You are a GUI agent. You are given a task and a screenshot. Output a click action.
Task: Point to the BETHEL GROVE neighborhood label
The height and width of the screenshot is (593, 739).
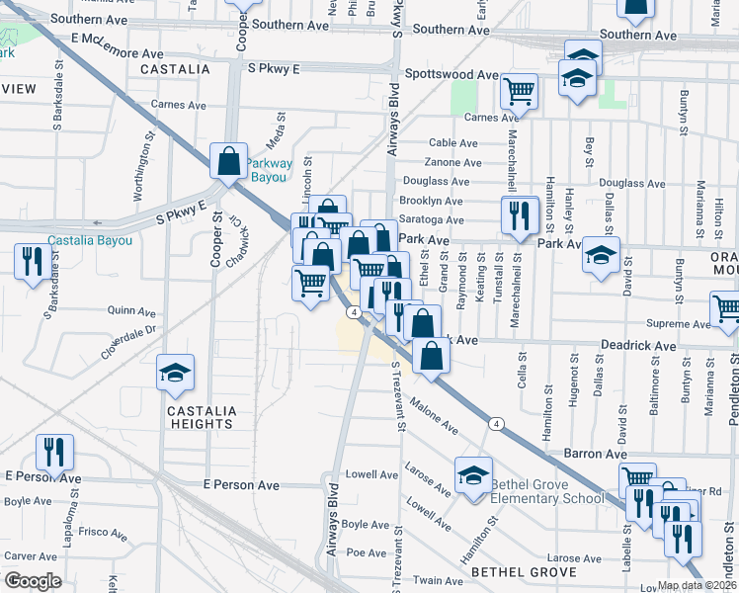523,572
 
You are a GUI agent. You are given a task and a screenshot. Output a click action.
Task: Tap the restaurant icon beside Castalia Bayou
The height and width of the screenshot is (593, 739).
33,261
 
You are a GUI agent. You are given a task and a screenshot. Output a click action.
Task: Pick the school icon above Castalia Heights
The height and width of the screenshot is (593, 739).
175,373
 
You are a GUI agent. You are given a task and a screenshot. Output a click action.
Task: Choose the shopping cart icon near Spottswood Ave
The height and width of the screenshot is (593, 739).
519,91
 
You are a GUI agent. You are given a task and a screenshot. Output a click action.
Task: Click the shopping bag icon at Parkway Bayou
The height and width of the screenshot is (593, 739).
228,161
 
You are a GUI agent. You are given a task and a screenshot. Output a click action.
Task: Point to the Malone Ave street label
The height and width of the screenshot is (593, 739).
435,415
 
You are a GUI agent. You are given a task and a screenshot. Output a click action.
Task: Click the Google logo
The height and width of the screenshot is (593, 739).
33,581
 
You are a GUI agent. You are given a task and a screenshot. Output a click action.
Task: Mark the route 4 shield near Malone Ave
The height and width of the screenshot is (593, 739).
496,424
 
